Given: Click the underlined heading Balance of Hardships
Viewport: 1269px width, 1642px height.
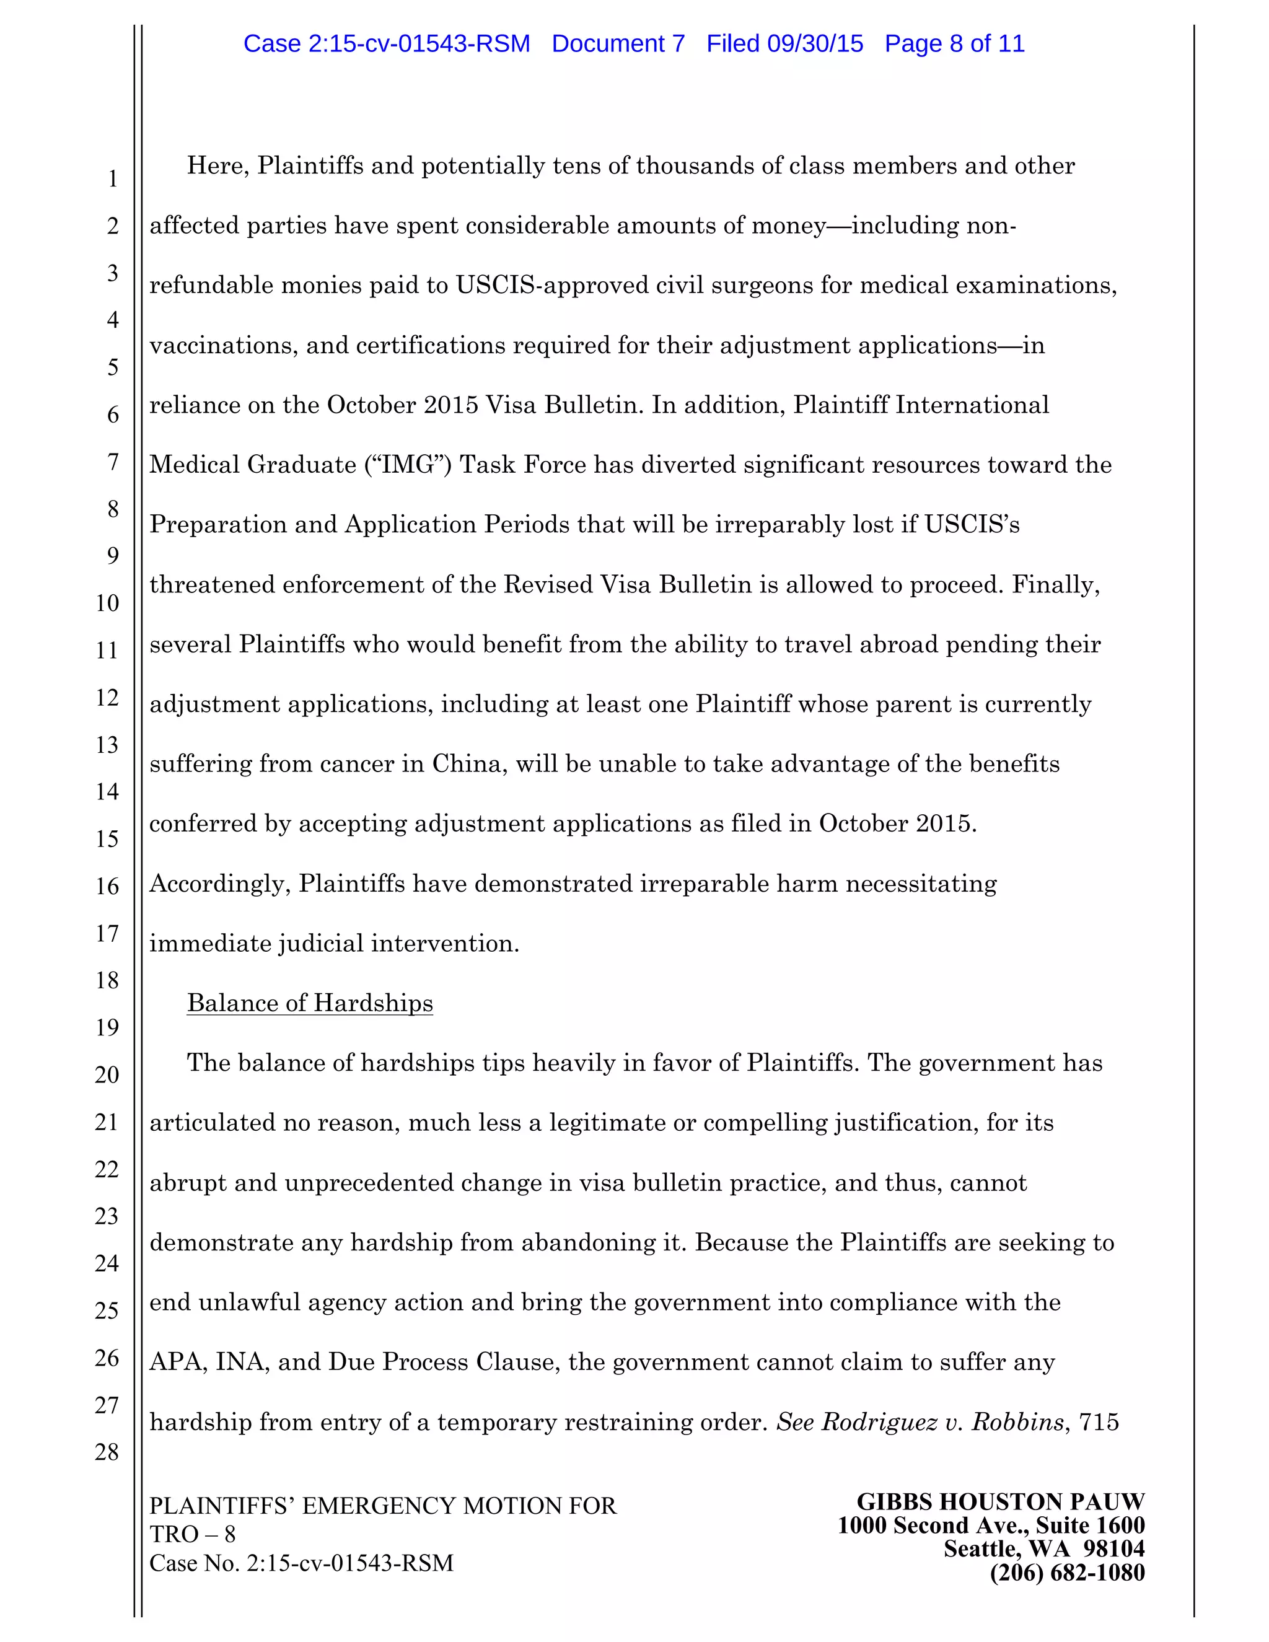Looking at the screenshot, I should point(310,1003).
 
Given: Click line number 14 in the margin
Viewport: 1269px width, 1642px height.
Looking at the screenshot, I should point(107,792).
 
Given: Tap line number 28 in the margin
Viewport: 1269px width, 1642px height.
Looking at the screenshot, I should point(107,1452).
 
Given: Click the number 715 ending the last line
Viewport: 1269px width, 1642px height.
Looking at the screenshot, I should point(1099,1421).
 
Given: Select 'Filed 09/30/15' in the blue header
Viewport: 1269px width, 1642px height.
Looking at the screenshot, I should point(784,43).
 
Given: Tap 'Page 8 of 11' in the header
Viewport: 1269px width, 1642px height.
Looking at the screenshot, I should point(954,43).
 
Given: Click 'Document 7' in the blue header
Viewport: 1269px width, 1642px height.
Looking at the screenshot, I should point(618,43).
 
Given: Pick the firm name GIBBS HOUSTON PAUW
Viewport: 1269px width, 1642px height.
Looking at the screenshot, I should point(1001,1502).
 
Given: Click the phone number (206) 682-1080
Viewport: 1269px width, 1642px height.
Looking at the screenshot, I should point(1067,1573).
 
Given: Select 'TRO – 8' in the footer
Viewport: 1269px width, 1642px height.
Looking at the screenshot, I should point(193,1534).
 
